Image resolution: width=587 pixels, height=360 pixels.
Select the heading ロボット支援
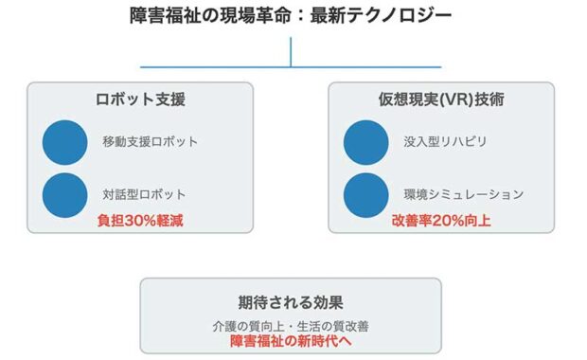(x=139, y=99)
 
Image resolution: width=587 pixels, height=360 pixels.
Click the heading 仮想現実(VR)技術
(x=440, y=99)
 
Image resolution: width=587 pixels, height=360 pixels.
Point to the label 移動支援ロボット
(x=151, y=142)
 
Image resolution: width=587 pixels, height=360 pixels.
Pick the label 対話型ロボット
(x=144, y=194)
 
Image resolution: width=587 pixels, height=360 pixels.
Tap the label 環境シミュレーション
(x=463, y=194)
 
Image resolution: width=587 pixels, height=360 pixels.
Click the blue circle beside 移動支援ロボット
(x=65, y=142)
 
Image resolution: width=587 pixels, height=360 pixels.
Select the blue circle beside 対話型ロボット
(x=65, y=193)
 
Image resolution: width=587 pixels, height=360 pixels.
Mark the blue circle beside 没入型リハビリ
(x=365, y=142)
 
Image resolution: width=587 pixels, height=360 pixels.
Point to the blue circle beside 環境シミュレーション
(x=365, y=193)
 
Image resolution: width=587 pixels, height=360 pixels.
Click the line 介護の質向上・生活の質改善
(x=291, y=325)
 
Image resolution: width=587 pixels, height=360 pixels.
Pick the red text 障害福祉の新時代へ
(x=291, y=340)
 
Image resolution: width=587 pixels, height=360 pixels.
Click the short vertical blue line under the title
(x=291, y=49)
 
